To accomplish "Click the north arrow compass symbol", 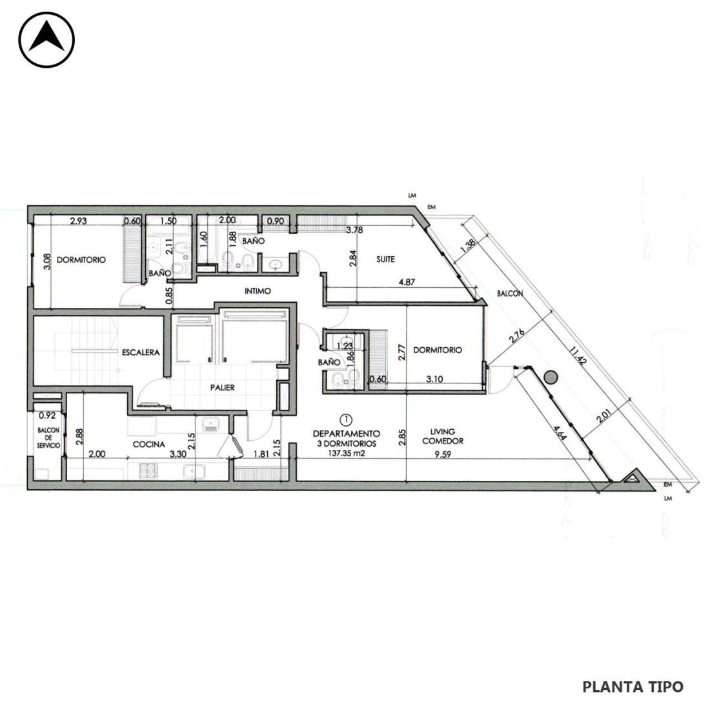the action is click(x=46, y=40).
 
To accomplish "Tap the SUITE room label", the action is click(x=385, y=259).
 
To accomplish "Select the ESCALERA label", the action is click(x=141, y=352).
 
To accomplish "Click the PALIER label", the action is click(x=222, y=388).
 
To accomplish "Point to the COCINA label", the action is click(x=148, y=445).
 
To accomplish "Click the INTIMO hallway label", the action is click(x=258, y=291).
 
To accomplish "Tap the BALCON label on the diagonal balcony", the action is click(x=510, y=294).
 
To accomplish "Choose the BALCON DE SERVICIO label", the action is click(x=48, y=438).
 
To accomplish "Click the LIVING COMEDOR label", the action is click(x=442, y=436).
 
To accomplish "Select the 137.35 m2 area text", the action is click(x=346, y=453).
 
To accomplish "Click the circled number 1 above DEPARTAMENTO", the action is click(x=347, y=420).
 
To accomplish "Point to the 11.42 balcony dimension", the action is click(x=578, y=356).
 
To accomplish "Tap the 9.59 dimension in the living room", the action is click(x=442, y=454).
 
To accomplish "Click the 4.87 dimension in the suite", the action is click(x=407, y=282).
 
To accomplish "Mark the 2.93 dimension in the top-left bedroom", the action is click(x=78, y=221).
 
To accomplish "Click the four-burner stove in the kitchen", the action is click(x=147, y=471).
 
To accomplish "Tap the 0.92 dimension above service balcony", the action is click(x=46, y=415).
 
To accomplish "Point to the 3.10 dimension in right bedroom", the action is click(x=434, y=380).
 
